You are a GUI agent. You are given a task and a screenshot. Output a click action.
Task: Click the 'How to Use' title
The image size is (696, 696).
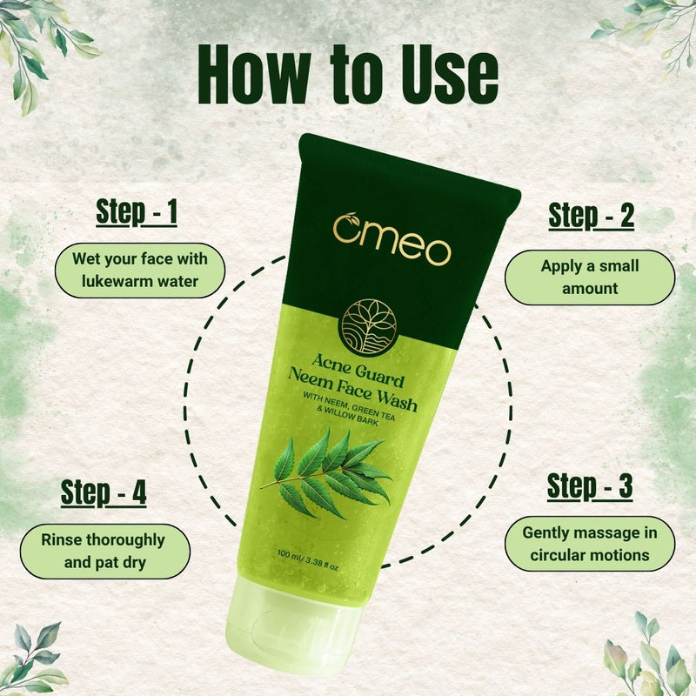click(x=348, y=76)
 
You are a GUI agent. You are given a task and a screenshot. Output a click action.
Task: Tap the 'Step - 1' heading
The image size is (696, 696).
click(x=137, y=211)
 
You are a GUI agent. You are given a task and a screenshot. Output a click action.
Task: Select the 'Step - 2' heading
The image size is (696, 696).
click(x=591, y=215)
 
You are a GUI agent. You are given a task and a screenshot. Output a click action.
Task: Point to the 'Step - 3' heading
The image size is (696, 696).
click(x=590, y=486)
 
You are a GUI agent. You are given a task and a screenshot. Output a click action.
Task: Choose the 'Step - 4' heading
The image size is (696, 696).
click(x=104, y=492)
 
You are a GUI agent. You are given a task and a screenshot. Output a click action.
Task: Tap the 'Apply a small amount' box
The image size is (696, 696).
click(x=590, y=277)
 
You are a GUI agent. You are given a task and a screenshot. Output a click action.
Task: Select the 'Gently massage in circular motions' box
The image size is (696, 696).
click(x=590, y=543)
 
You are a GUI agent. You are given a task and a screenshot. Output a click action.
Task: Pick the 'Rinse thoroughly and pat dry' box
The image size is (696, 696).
click(x=103, y=551)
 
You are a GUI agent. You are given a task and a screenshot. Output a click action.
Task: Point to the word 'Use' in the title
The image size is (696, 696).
click(x=445, y=76)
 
